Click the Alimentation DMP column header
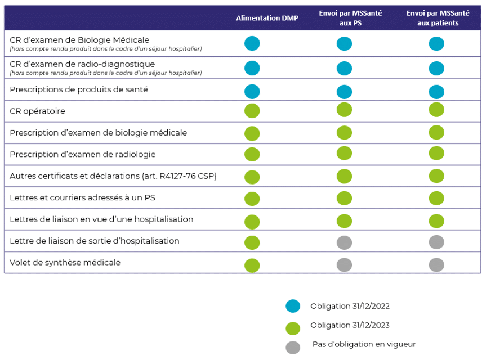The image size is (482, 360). click(x=267, y=18)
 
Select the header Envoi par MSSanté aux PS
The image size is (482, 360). click(x=350, y=18)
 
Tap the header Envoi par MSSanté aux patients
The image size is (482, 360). click(x=438, y=18)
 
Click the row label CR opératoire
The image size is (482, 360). click(x=38, y=111)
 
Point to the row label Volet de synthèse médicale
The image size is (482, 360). click(x=65, y=263)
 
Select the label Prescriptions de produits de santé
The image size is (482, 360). click(x=79, y=89)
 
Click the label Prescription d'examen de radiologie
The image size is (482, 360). click(x=83, y=154)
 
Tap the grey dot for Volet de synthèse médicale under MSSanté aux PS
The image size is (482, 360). click(x=344, y=265)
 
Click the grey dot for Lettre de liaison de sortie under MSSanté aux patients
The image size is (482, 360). click(x=436, y=242)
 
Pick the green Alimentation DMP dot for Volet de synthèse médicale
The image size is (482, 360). click(x=252, y=265)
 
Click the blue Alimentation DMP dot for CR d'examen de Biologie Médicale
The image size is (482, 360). click(x=252, y=43)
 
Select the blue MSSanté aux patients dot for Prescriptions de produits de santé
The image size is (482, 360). click(x=436, y=92)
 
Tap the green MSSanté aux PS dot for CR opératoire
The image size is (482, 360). click(x=344, y=110)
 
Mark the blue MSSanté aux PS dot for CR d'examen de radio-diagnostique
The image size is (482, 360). click(x=344, y=68)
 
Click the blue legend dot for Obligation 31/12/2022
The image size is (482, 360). click(x=293, y=306)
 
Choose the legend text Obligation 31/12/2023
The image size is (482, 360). click(x=350, y=325)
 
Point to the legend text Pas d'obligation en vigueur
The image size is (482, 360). click(x=364, y=344)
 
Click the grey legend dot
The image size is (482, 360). click(x=293, y=348)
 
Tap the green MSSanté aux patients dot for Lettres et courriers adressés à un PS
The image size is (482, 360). click(x=436, y=198)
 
